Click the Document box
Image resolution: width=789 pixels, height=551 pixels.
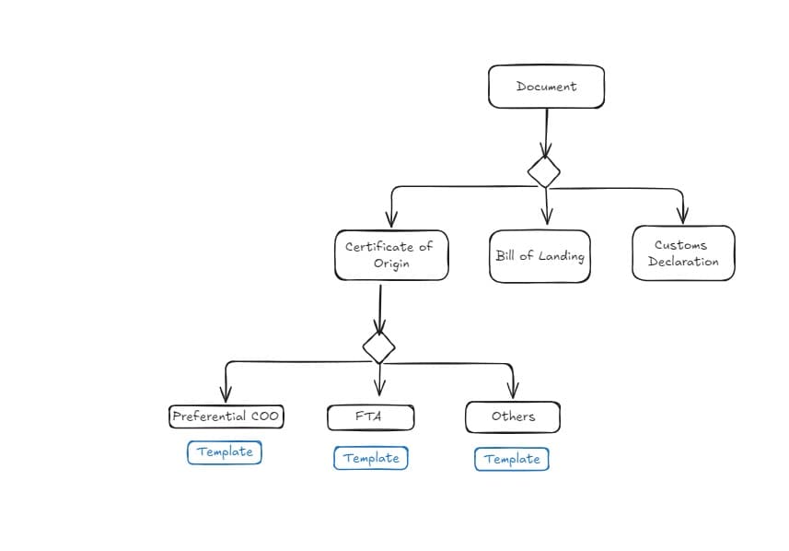(546, 87)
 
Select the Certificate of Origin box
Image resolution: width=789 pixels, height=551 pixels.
(391, 255)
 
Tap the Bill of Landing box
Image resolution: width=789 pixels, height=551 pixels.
(540, 256)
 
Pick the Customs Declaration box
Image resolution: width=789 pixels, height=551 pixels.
(683, 252)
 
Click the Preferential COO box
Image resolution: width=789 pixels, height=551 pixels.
(226, 416)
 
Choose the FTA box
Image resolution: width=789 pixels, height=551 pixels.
(371, 417)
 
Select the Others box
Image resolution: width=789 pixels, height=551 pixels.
(513, 417)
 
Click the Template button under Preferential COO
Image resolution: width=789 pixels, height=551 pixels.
(225, 452)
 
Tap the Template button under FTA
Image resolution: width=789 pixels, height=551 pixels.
(371, 458)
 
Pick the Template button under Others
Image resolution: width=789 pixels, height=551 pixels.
(512, 460)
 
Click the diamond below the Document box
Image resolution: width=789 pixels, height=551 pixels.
(544, 171)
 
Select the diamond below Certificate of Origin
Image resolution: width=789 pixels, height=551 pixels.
(379, 347)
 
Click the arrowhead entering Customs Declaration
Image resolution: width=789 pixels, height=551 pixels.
(683, 216)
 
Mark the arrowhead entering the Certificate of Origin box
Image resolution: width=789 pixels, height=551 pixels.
(391, 219)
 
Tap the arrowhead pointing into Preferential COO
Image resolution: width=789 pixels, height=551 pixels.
(226, 394)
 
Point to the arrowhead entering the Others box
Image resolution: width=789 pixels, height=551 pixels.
(513, 391)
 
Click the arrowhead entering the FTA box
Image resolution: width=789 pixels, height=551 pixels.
(380, 388)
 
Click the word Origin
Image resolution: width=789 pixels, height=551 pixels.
(391, 264)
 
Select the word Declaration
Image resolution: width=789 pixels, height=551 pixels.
(683, 262)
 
